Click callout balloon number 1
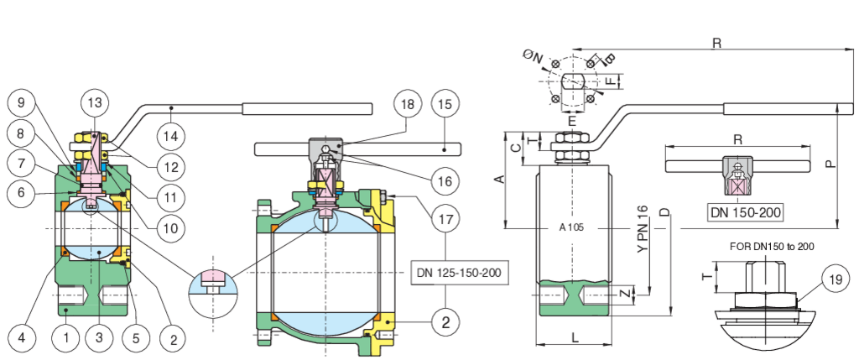[65, 338]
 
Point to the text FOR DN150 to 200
[772, 246]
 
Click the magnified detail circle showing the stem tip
[213, 283]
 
